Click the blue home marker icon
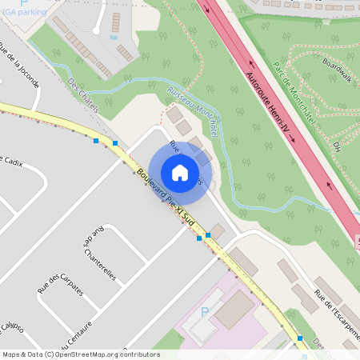180,172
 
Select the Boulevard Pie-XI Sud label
166,195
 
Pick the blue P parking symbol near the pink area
205,312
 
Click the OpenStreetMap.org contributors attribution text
103,354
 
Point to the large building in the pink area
234,309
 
